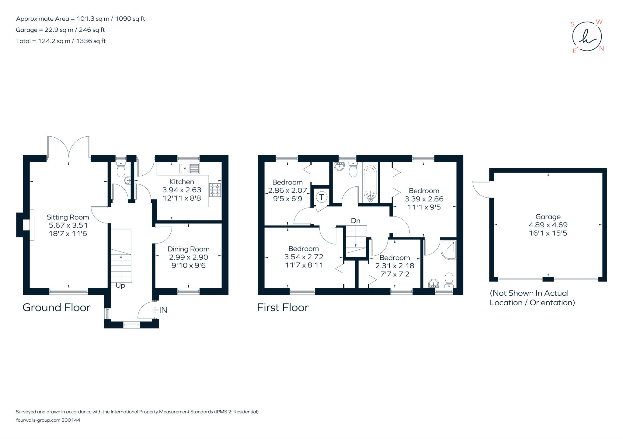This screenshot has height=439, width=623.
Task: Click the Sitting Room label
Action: [x=68, y=217]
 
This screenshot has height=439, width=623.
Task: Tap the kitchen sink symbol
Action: [x=190, y=168]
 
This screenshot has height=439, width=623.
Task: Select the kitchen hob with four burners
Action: [x=215, y=190]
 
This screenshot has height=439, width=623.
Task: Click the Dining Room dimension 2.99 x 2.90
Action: [x=189, y=257]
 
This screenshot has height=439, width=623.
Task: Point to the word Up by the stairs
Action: [x=120, y=286]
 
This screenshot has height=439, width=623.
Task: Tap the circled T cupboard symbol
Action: [x=322, y=197]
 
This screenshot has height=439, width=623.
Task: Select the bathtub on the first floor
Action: [x=370, y=184]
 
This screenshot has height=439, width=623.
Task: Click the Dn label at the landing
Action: [x=355, y=220]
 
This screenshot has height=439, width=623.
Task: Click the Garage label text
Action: [x=548, y=217]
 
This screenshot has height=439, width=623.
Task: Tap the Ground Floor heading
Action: [x=57, y=307]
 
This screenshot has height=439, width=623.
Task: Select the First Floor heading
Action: [x=283, y=307]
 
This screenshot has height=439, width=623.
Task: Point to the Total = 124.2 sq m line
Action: [x=61, y=41]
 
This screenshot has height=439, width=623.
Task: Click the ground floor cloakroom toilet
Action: [x=121, y=170]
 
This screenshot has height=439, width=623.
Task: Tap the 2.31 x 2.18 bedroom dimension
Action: [x=395, y=266]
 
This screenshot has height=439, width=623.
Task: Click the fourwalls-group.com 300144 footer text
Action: [x=48, y=420]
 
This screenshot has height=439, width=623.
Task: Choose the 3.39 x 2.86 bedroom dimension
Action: [x=424, y=199]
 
